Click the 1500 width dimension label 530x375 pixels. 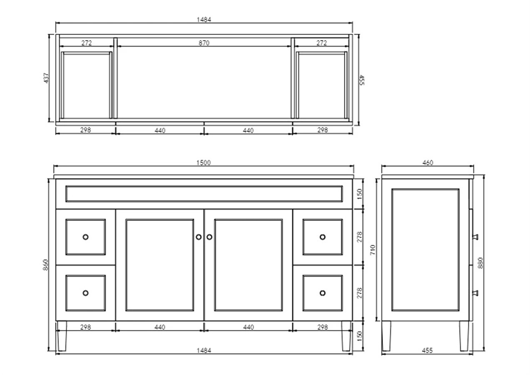[x=204, y=162]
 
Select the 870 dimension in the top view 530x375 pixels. [x=204, y=43]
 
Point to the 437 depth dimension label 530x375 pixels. [x=46, y=78]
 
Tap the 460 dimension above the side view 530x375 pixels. [x=428, y=162]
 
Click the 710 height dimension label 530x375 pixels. [x=373, y=250]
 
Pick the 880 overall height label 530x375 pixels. [x=480, y=263]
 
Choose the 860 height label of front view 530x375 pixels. [x=46, y=265]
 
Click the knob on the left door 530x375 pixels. [x=199, y=237]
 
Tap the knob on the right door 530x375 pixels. [x=209, y=237]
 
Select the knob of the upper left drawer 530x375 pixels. [x=86, y=237]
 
